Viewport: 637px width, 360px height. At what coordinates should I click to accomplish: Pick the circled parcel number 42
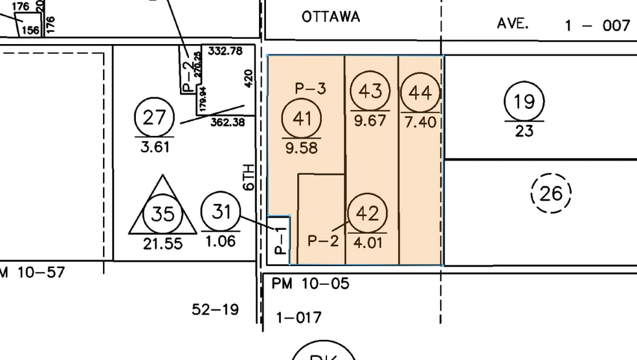pos(367,213)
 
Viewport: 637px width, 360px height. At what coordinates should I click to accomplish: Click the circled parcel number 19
pos(524,102)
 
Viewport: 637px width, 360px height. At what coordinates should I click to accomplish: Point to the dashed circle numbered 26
pos(551,193)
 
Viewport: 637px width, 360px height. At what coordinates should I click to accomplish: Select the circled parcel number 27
pos(155,118)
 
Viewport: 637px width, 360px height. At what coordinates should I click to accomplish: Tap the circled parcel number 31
pos(221,211)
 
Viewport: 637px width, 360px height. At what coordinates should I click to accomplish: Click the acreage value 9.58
pos(301,148)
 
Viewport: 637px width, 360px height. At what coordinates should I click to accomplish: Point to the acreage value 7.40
pos(421,122)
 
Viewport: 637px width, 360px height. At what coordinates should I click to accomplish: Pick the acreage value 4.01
pos(368,244)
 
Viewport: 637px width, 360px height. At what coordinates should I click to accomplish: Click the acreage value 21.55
pos(162,244)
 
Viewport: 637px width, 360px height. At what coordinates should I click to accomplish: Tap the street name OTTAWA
pos(331,17)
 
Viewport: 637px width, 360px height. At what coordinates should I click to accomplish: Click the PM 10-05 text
pos(310,283)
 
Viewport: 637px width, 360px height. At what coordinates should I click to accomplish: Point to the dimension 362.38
pos(227,121)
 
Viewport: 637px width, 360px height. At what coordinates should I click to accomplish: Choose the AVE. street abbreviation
pos(513,23)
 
